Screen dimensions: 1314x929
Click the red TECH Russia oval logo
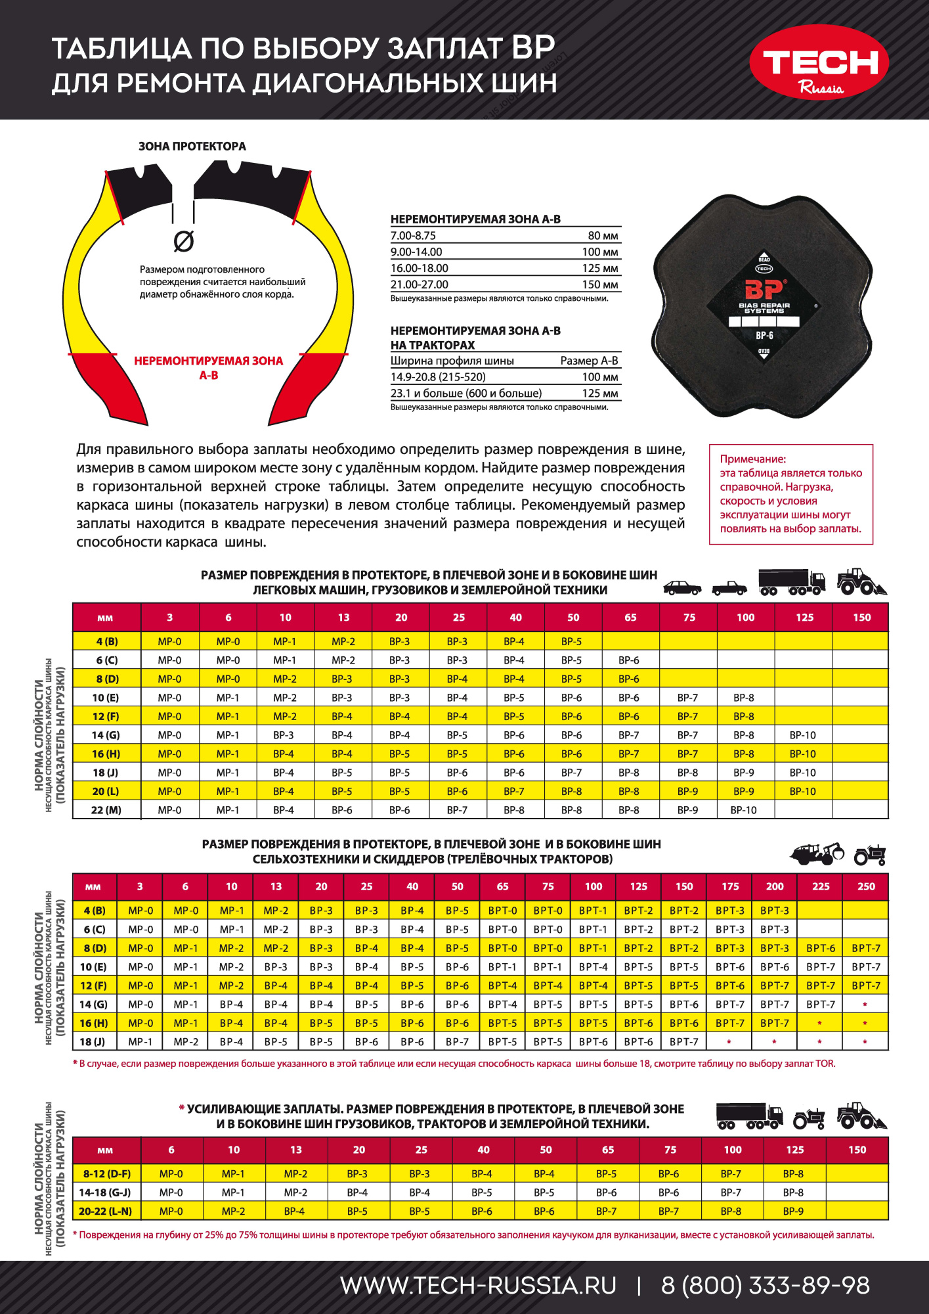[x=819, y=62]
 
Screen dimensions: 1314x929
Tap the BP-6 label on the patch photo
[x=764, y=336]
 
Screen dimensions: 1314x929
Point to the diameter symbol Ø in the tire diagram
[x=184, y=242]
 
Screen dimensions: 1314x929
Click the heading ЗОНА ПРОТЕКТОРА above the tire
[x=192, y=147]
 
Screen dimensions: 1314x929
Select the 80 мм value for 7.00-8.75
[x=603, y=236]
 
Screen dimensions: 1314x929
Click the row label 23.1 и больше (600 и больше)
[x=466, y=394]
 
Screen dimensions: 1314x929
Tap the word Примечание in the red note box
[x=752, y=459]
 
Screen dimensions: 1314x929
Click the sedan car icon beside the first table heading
[x=682, y=587]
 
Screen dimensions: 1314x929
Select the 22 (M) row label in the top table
[x=106, y=810]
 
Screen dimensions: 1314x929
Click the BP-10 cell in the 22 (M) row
[x=744, y=810]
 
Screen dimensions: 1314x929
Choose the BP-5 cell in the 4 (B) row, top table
[x=571, y=641]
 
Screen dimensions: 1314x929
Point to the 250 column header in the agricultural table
[x=866, y=886]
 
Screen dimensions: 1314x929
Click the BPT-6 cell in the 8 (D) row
[x=821, y=948]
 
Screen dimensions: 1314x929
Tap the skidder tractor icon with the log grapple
[x=817, y=853]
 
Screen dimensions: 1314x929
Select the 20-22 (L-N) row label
[x=105, y=1211]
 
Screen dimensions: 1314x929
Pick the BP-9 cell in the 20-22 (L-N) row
[x=793, y=1211]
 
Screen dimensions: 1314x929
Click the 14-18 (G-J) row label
[x=105, y=1192]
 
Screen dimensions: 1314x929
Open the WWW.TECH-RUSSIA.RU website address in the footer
[x=478, y=1286]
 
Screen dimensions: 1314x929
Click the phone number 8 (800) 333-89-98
[x=765, y=1286]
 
